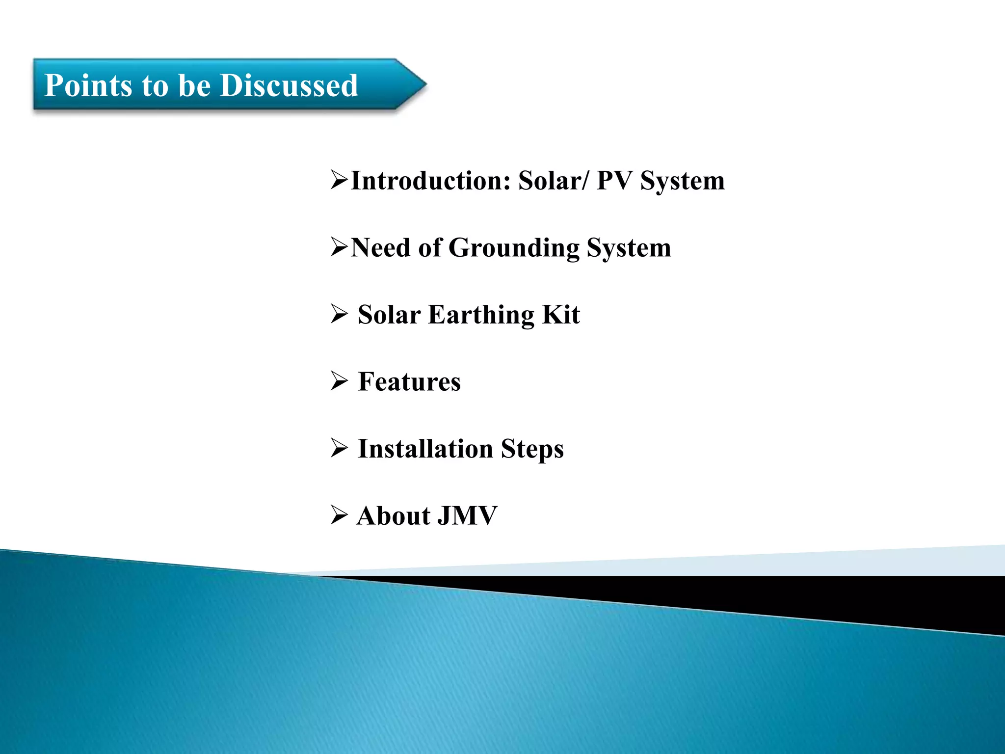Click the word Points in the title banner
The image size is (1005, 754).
point(88,85)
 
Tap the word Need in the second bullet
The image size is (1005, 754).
point(380,248)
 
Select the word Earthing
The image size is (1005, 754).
point(481,315)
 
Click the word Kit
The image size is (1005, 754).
point(561,315)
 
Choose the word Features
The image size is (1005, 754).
point(409,382)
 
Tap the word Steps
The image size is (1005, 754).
point(532,449)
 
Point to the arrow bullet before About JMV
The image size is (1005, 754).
point(339,515)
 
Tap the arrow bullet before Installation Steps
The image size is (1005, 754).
point(339,448)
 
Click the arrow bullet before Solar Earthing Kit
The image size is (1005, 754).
point(339,314)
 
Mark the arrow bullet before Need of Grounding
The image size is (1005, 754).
point(339,247)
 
